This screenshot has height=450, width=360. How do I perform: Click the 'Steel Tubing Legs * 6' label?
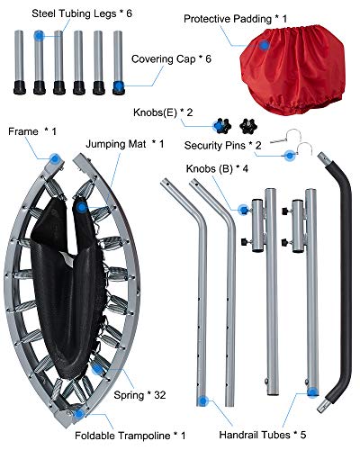coord(82,13)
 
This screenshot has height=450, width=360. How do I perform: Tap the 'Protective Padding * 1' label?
coord(235,19)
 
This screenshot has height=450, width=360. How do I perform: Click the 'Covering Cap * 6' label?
coord(171,58)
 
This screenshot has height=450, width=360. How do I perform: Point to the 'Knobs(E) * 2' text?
coord(163,112)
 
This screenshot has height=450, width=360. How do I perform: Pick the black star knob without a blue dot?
coord(248,126)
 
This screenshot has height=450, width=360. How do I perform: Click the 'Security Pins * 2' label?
coord(222,146)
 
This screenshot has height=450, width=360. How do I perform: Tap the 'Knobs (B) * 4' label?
coord(217,168)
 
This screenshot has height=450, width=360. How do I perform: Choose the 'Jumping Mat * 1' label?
coord(125,144)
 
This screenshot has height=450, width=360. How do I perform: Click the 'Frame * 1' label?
coord(32,131)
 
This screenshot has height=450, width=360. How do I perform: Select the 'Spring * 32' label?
coord(139,395)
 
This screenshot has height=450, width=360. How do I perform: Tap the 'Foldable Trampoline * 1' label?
coord(130,436)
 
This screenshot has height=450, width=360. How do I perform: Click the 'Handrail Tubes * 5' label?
coord(263,435)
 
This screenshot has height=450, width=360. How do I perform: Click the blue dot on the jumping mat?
coord(82,207)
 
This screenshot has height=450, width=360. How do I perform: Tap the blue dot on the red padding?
coord(265,46)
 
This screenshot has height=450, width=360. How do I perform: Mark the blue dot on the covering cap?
coord(119,86)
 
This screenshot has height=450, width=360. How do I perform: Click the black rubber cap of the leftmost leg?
coord(20,87)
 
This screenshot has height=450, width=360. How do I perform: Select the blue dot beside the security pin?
coord(290,156)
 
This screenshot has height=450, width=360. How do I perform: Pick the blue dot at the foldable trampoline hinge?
coord(79,414)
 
